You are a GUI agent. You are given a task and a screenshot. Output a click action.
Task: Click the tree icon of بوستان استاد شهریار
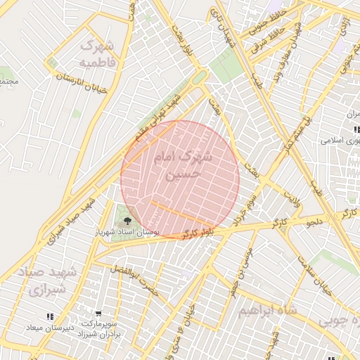(127, 221)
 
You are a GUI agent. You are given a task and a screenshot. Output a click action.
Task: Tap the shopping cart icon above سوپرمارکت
(98, 314)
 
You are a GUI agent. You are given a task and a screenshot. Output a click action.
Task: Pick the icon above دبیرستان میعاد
(50, 317)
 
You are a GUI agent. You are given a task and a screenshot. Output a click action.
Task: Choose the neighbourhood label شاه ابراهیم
(268, 310)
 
